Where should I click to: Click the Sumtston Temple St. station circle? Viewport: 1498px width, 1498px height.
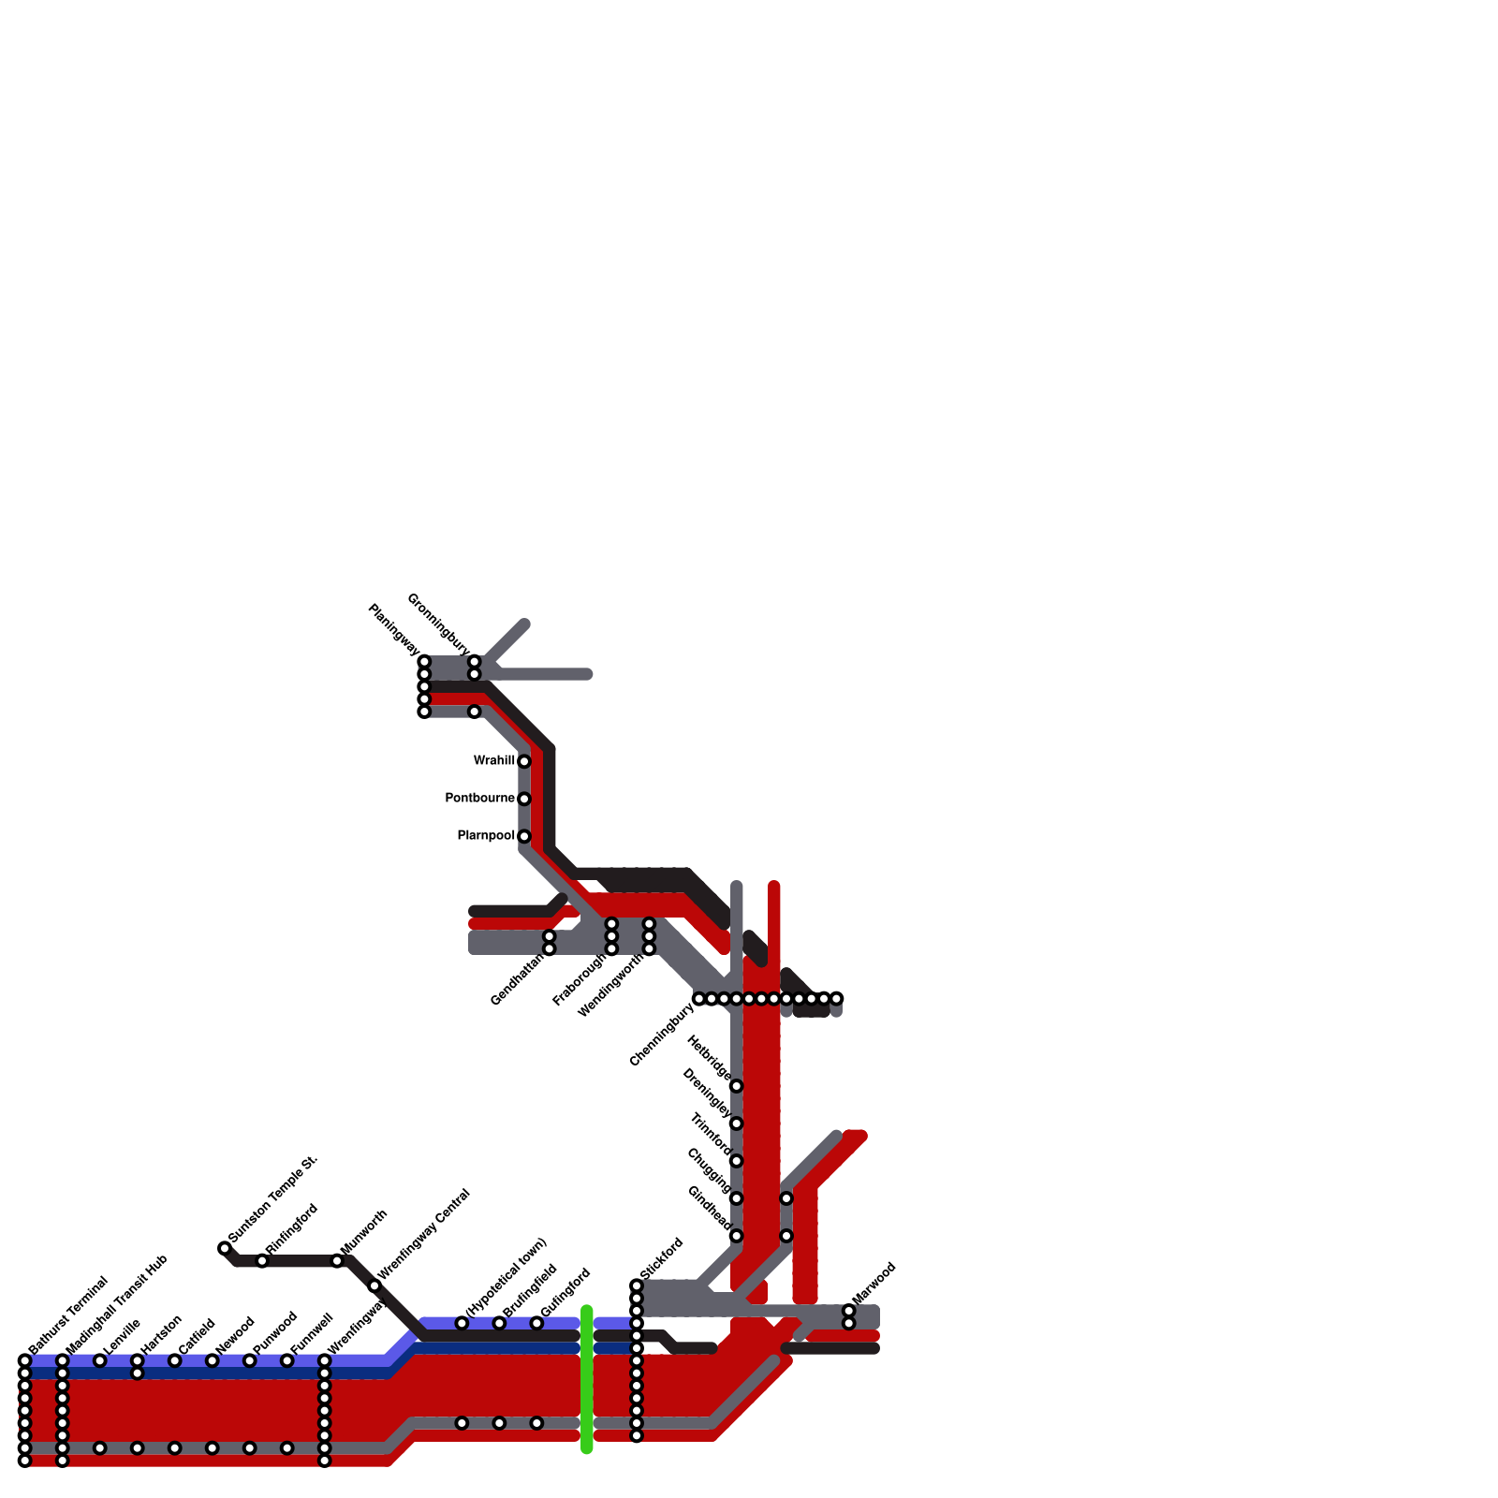225,1248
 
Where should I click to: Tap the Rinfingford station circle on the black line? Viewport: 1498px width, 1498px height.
262,1261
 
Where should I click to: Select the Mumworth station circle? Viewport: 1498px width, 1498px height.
337,1261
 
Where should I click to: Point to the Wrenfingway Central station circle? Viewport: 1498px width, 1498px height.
374,1285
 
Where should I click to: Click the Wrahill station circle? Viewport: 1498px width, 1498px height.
524,761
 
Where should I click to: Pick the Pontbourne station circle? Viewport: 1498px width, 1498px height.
524,799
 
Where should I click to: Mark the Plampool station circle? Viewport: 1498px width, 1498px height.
524,836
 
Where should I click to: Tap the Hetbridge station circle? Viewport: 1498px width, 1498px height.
737,1086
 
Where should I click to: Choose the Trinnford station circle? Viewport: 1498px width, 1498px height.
737,1161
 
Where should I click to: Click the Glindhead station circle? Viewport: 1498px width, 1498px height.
737,1236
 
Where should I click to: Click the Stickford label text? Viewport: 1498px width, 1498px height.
663,1258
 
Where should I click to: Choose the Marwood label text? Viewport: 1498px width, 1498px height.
876,1282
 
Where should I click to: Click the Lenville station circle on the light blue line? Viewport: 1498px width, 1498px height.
100,1360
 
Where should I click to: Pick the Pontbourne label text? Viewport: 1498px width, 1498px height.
479,799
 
